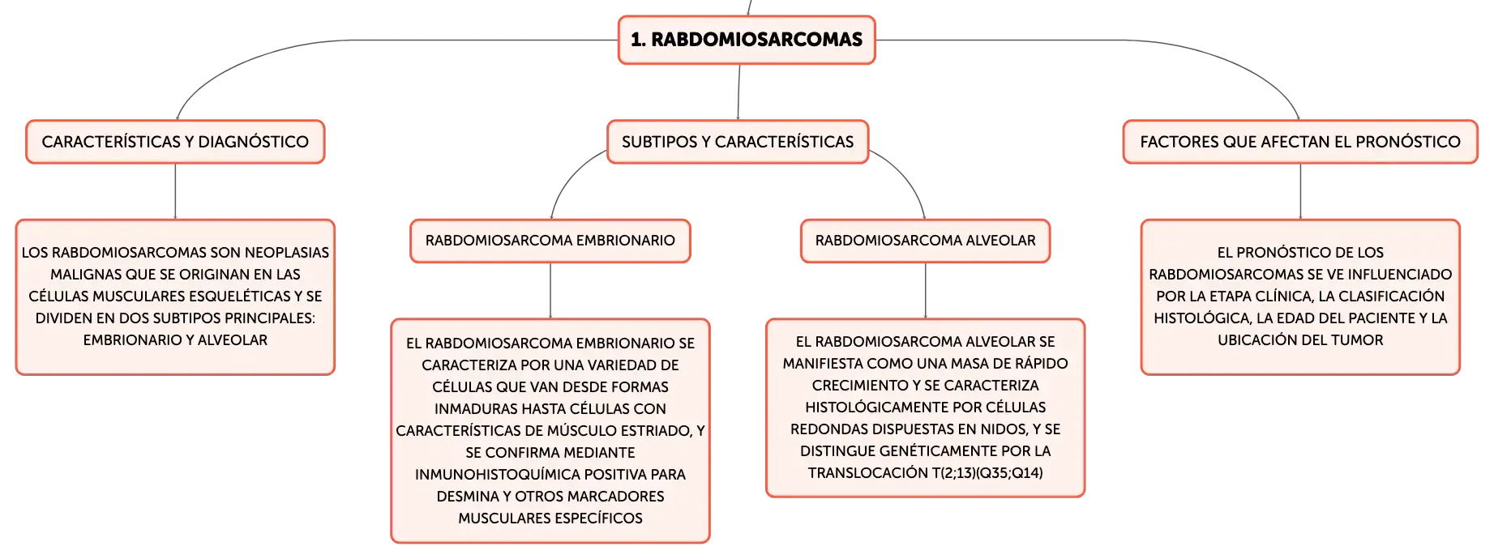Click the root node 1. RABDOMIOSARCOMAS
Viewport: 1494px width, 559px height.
[747, 40]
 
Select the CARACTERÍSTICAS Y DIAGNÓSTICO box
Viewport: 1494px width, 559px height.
[175, 142]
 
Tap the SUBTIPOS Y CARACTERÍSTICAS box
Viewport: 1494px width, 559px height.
[738, 142]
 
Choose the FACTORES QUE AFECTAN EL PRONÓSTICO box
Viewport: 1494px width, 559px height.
[1300, 142]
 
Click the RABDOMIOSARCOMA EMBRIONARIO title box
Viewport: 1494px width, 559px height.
[550, 241]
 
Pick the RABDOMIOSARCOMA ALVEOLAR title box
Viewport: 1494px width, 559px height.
[926, 241]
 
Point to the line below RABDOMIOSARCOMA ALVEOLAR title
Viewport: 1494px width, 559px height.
[926, 291]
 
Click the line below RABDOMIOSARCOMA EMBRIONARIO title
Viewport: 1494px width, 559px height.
[550, 291]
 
